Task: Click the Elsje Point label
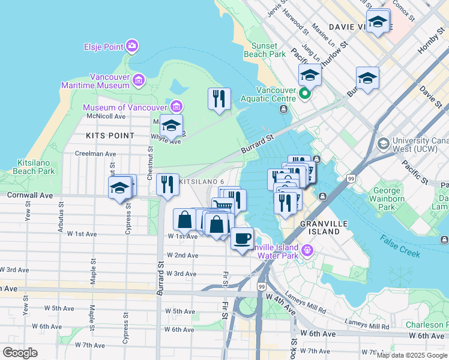coord(103,46)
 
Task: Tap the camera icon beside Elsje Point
coord(132,46)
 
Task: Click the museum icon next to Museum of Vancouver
coord(176,107)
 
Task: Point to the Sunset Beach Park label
coord(265,50)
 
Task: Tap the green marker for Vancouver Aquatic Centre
coord(305,93)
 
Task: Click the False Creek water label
coord(399,245)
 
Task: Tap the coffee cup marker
coord(242,238)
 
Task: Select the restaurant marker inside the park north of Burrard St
coord(219,98)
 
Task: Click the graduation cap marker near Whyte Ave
coord(171,125)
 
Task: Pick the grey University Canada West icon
coord(383,144)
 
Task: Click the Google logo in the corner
coord(20,353)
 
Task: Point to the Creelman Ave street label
coord(95,154)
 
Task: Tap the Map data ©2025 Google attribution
coord(412,355)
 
